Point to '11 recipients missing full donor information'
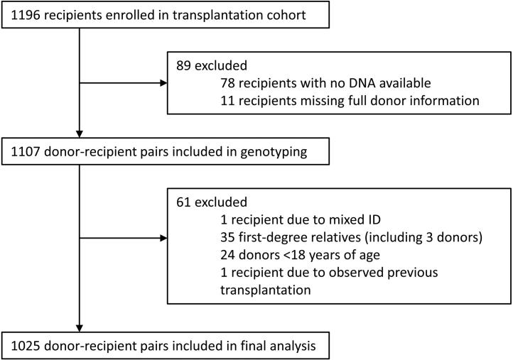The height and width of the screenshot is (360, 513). pos(350,101)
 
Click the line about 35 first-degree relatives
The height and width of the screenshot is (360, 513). pos(354,237)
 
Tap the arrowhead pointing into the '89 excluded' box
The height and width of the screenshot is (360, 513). pos(163,83)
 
